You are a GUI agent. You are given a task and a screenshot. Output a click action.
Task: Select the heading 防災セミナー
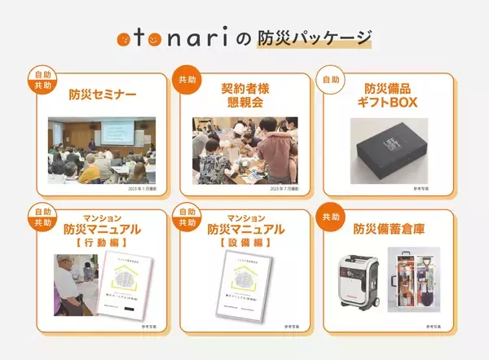102,94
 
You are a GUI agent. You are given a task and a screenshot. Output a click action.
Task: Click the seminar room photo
103,150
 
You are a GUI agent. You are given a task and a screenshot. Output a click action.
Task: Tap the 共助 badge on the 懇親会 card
183,80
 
